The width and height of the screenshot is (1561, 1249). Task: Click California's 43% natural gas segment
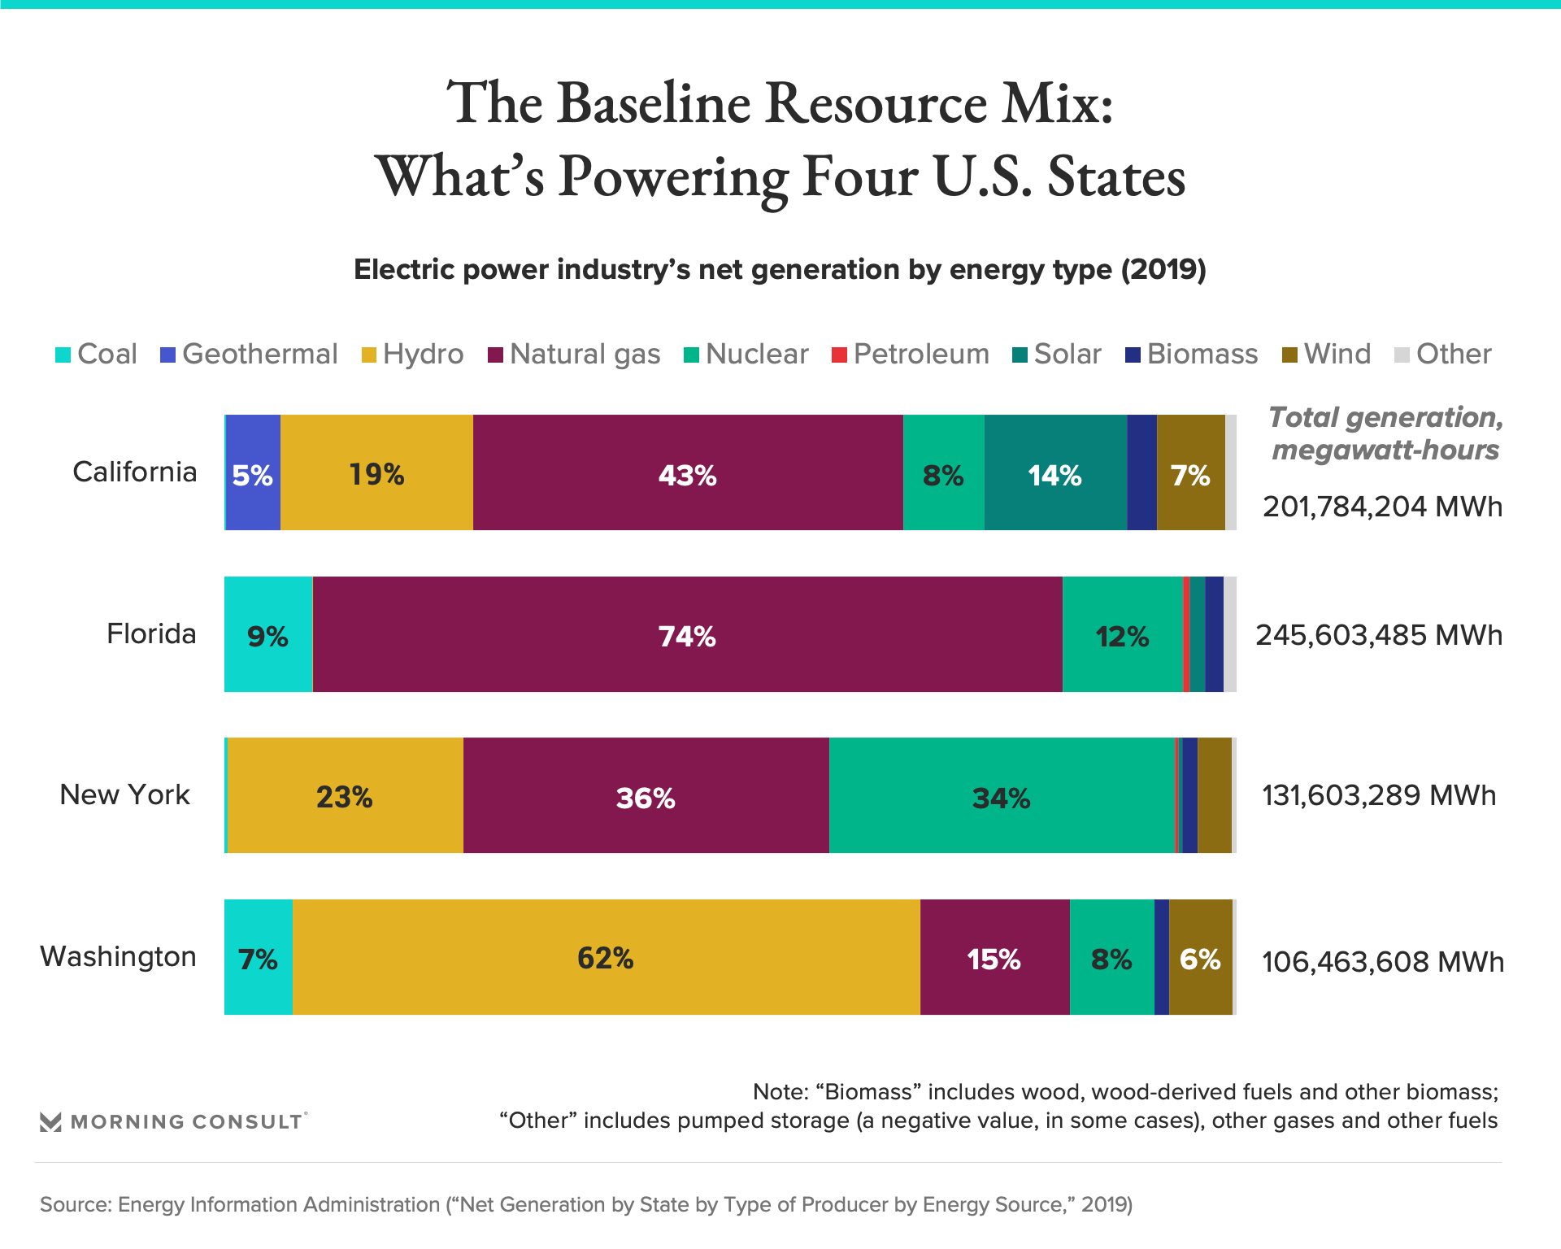coord(688,473)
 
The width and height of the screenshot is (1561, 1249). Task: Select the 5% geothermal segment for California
coord(253,473)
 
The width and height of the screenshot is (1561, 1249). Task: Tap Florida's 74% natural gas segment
coord(687,635)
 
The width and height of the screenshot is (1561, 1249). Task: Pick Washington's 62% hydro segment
coord(606,957)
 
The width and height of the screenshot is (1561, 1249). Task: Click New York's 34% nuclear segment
coord(1002,796)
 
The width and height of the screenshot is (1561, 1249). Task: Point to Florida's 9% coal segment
coord(267,635)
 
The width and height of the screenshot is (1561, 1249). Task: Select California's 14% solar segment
coord(1054,473)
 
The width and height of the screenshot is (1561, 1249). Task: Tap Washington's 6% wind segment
coord(1200,957)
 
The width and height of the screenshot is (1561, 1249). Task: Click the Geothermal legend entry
coord(249,355)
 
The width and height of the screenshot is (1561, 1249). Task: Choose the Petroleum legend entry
coord(911,355)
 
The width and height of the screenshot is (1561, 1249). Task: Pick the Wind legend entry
coord(1327,355)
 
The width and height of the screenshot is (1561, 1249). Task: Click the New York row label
coord(124,794)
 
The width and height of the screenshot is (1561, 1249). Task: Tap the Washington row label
coord(119,956)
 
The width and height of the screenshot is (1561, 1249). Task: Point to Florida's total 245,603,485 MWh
coord(1379,635)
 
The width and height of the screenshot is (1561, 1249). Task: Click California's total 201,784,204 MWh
coord(1382,507)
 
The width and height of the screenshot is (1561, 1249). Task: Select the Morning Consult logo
coord(173,1121)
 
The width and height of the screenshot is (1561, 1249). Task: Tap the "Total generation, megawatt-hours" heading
coord(1385,433)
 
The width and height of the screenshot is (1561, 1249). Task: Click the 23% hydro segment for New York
coord(345,796)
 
